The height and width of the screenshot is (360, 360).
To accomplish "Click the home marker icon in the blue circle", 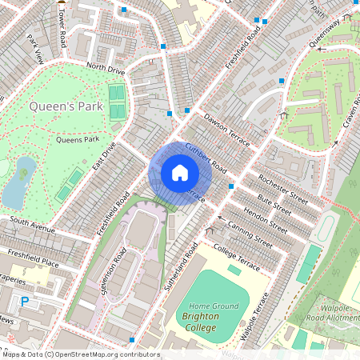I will pos(180,172).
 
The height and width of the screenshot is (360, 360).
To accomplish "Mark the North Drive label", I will pos(106,70).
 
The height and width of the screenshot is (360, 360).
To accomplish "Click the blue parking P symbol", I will pos(24,302).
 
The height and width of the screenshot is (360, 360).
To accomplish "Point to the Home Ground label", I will pos(214,306).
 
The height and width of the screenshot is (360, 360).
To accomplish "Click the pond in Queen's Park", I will pos(19,182).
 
